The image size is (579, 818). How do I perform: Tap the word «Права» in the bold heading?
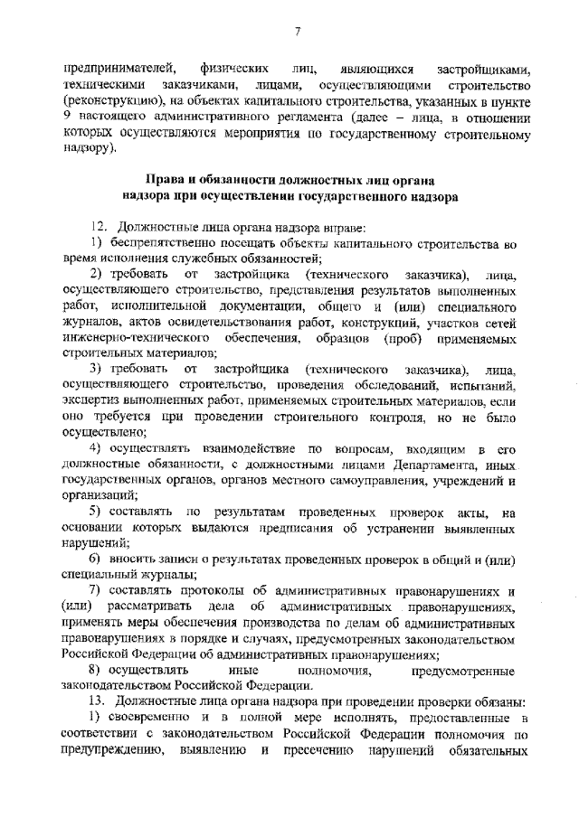(176, 176)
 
